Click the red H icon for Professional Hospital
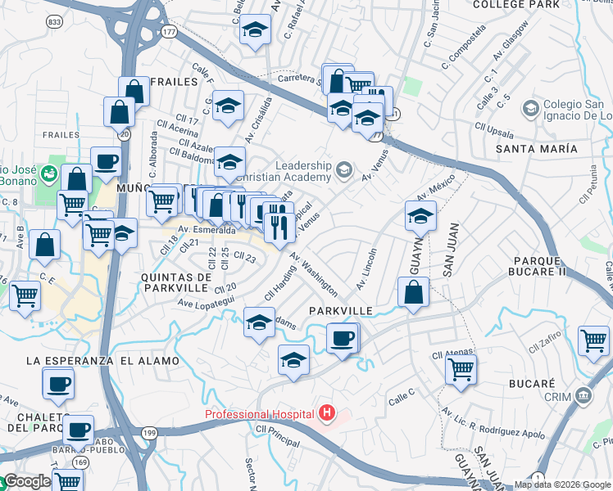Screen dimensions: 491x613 pos(327,414)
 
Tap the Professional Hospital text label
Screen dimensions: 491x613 pos(261,414)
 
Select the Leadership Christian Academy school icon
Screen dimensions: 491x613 pos(344,170)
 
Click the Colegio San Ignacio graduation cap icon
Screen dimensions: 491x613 pos(529,108)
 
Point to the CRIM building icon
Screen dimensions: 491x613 pos(583,397)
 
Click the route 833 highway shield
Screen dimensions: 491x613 pos(55,21)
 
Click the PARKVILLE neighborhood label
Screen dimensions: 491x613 pos(341,311)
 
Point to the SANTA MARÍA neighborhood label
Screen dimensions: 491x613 pos(536,149)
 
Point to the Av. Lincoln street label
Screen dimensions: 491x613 pos(366,269)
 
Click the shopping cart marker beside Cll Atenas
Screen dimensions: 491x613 pos(461,369)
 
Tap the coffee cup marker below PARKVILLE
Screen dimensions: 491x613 pos(342,337)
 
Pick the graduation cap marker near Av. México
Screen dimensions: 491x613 pos(420,216)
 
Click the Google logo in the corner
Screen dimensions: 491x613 pos(26,481)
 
